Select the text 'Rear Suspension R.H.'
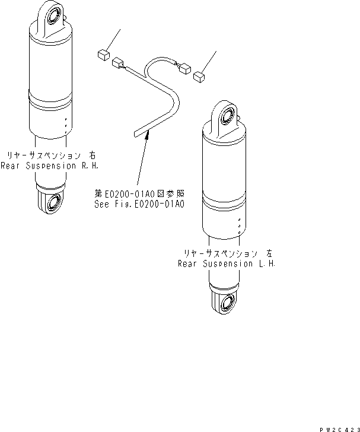(46, 166)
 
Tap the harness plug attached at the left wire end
(118, 61)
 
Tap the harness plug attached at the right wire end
(183, 68)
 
